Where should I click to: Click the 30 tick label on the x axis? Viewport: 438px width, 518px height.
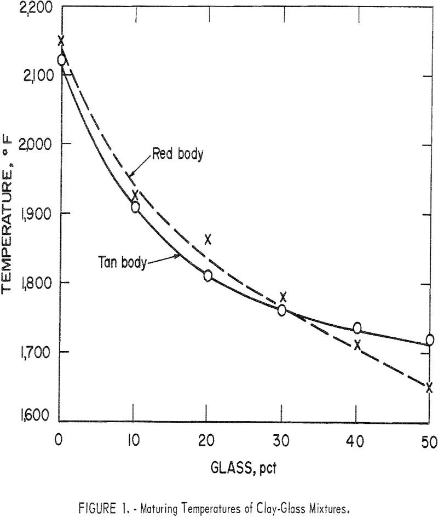[281, 440]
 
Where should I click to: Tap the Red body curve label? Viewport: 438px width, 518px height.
[178, 154]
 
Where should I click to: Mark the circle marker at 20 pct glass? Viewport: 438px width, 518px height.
[208, 275]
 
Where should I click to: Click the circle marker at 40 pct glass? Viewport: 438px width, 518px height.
[357, 328]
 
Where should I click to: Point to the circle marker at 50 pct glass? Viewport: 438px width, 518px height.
[430, 340]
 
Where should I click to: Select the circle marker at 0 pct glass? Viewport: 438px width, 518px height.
[61, 60]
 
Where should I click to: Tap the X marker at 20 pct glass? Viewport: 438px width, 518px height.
[208, 239]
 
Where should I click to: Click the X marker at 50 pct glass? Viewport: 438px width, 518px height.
[429, 388]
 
